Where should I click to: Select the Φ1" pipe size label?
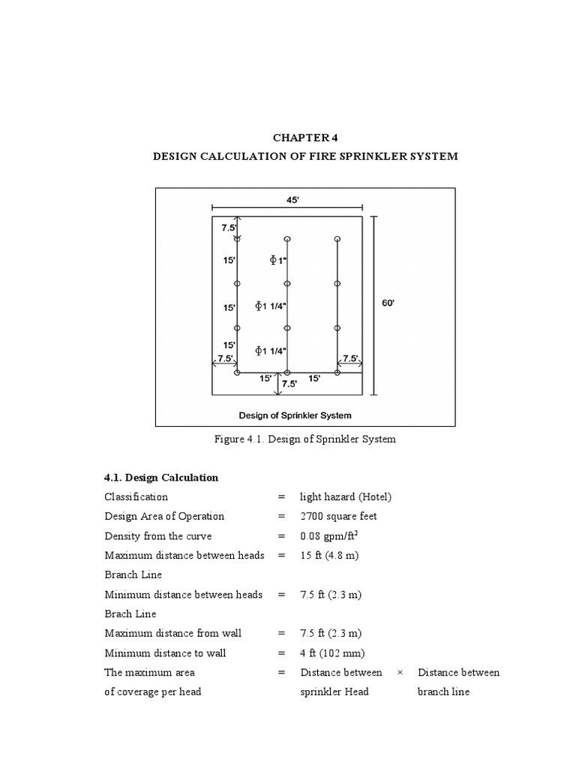[x=279, y=260]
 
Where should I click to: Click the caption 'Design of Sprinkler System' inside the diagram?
[x=295, y=414]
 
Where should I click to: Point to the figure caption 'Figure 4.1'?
[x=304, y=439]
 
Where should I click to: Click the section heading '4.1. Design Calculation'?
[x=161, y=477]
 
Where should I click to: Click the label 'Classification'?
[x=136, y=496]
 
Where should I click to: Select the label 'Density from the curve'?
[x=157, y=535]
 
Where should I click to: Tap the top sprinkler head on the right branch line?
[x=337, y=239]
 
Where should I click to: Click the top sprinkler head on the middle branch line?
[x=287, y=239]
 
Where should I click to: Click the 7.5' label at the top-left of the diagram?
[x=228, y=227]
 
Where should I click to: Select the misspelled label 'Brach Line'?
[x=130, y=613]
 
